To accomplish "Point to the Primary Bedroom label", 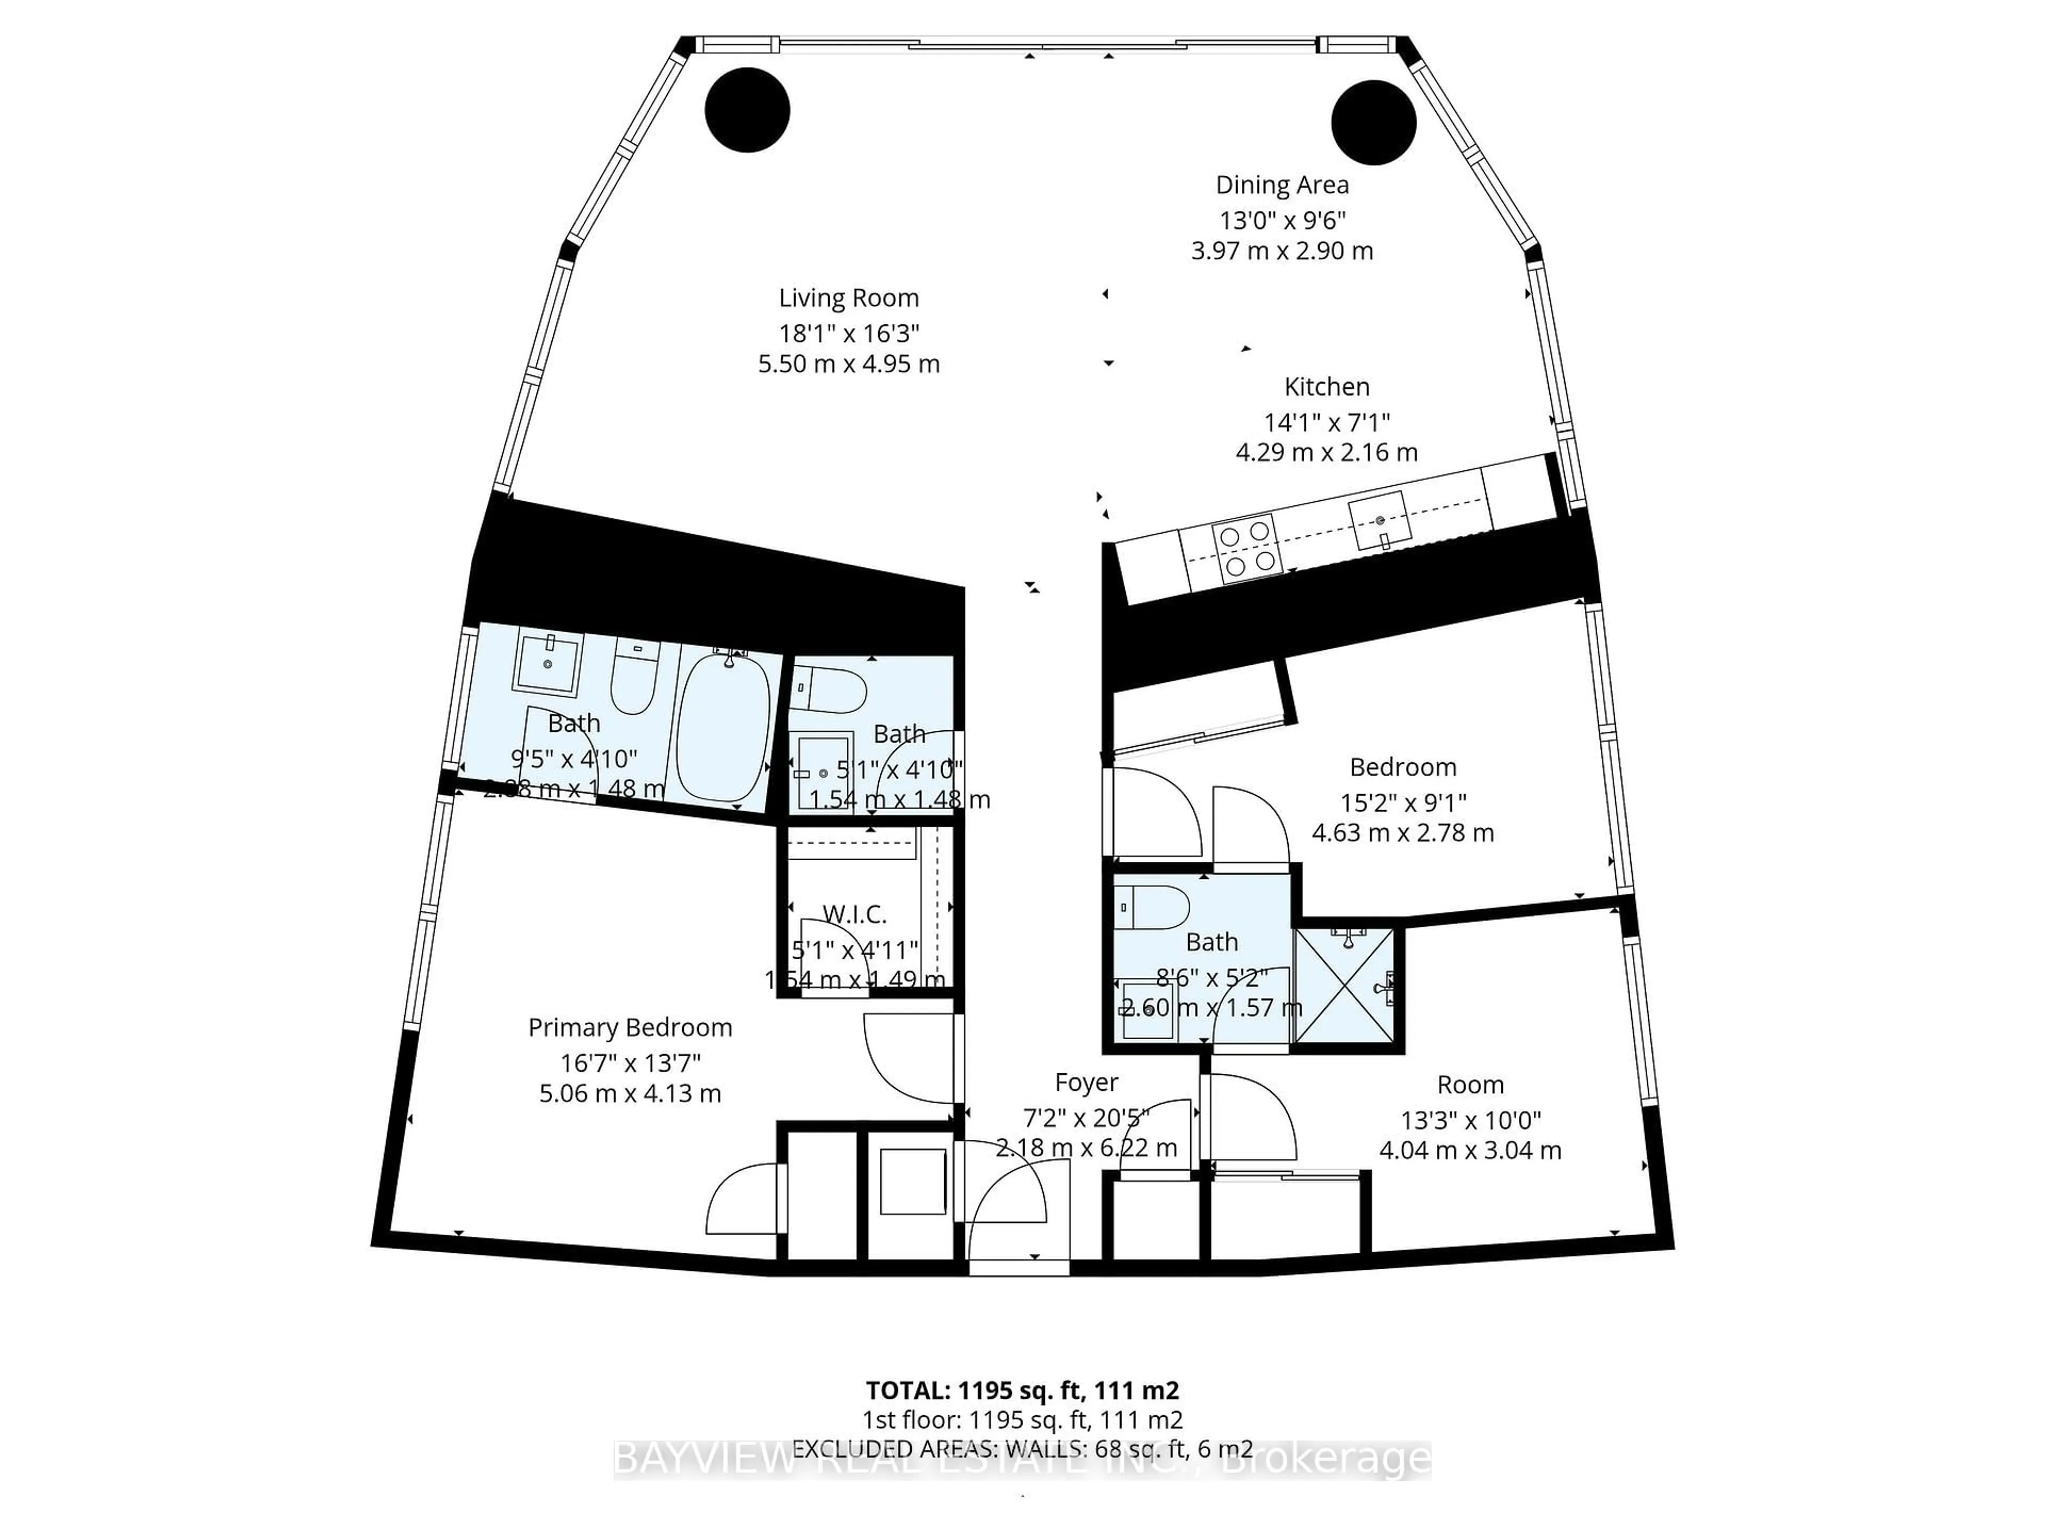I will (x=629, y=1027).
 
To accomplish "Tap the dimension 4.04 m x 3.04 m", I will (x=1470, y=1150).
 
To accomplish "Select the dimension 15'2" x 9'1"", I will (x=1402, y=803).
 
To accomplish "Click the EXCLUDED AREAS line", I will (x=1021, y=1449).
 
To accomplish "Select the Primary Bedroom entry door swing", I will (x=906, y=1059).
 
